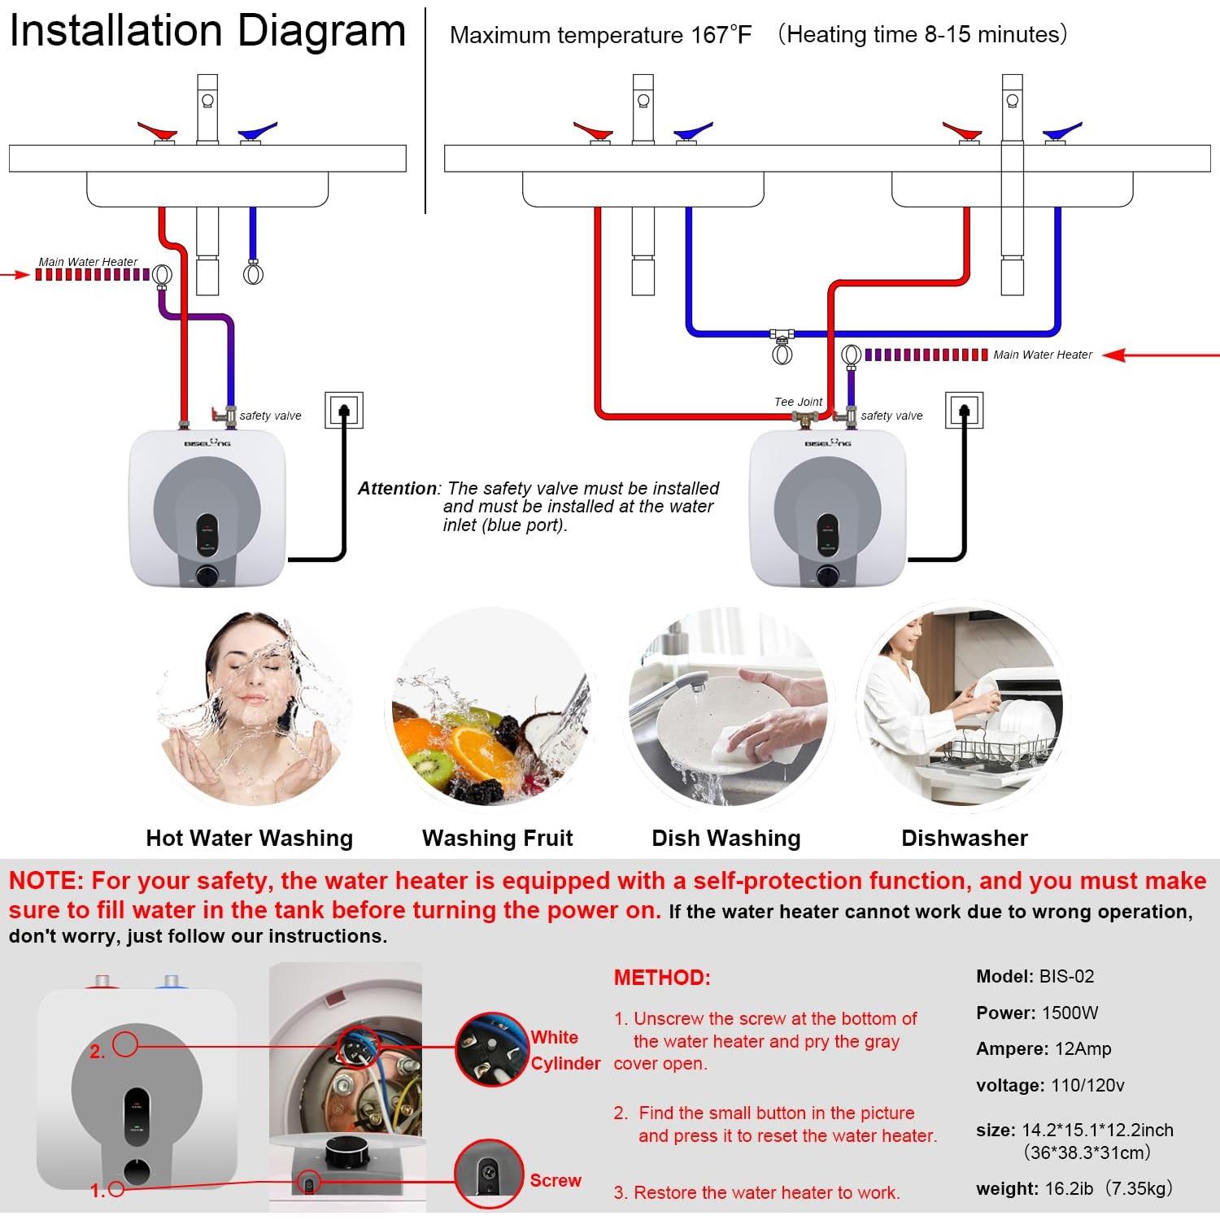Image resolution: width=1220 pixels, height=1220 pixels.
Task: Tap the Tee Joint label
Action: (x=798, y=402)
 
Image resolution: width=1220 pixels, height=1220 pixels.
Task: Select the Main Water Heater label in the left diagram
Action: (x=88, y=262)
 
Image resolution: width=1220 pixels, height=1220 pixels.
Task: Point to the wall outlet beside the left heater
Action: (x=343, y=410)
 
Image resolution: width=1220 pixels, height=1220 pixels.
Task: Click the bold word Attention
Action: (x=397, y=489)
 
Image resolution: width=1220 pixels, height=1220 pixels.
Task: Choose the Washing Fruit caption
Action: (x=497, y=838)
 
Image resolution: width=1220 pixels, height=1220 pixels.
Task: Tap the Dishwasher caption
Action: (x=964, y=838)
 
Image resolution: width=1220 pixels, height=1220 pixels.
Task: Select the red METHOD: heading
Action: (x=662, y=978)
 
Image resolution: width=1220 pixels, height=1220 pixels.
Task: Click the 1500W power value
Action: (x=1070, y=1013)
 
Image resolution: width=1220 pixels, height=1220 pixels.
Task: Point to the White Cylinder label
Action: (x=565, y=1050)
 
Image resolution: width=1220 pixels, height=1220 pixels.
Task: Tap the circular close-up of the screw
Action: (x=488, y=1174)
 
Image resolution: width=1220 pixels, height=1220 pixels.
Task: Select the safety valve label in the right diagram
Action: (x=891, y=416)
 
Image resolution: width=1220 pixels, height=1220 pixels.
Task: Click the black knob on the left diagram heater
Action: (x=207, y=576)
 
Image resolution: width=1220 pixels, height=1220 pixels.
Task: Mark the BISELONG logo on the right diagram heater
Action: (x=827, y=442)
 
